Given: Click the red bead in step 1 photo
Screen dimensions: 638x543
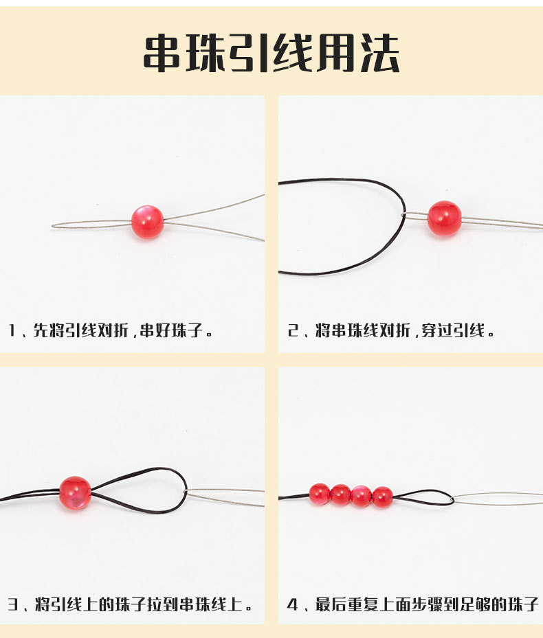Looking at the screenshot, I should coord(147,222).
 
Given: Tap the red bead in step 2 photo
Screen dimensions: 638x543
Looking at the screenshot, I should coord(444,218).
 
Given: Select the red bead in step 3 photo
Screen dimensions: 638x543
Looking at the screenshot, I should coord(75,492).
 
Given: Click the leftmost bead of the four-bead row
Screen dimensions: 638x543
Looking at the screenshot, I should coord(319,494).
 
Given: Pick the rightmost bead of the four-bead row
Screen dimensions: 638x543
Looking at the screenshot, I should coord(382,497).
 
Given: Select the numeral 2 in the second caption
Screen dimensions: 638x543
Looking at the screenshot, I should coord(292,331).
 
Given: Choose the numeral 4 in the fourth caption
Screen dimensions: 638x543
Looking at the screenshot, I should coord(292,604).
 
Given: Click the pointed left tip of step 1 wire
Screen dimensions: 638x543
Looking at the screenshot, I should coord(53,225).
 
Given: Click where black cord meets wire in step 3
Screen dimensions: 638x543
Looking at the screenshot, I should coord(186,492).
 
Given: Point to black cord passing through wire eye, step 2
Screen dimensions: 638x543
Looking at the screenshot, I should coord(404,216).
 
